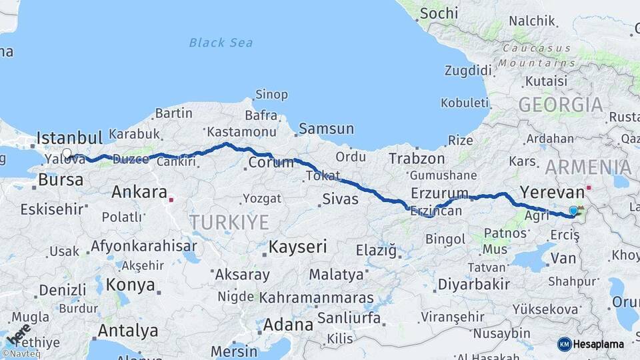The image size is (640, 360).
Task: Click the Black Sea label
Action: [x=221, y=43]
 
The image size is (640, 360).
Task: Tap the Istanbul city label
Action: [x=69, y=138]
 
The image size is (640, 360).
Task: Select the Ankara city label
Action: [x=139, y=192]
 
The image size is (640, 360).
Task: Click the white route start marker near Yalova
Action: [x=67, y=153]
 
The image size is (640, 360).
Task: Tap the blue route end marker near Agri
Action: [x=573, y=211]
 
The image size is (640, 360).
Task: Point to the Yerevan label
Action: [x=551, y=192]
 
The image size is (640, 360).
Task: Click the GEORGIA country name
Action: [x=560, y=105]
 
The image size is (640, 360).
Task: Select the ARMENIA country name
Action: [x=587, y=167]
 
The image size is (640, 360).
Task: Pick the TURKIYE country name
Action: [x=229, y=222]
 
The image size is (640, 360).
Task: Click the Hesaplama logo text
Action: [x=599, y=344]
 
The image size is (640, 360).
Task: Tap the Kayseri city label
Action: [x=297, y=247]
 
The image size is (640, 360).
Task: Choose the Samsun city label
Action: [x=326, y=129]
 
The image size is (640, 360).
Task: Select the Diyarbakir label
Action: [x=474, y=284]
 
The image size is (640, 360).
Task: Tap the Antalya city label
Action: [x=128, y=330]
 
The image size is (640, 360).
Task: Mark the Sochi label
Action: [x=440, y=13]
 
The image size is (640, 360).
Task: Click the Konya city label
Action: [x=131, y=285]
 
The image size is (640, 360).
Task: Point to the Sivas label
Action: [x=340, y=199]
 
